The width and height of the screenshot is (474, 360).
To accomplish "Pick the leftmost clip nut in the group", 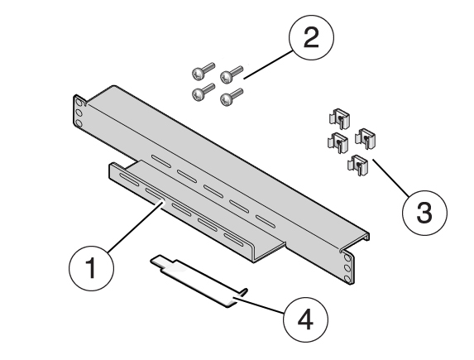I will (x=337, y=142).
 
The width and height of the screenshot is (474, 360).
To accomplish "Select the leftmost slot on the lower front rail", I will (x=129, y=178).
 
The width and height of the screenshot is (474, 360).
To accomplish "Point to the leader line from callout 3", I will (x=388, y=175).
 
